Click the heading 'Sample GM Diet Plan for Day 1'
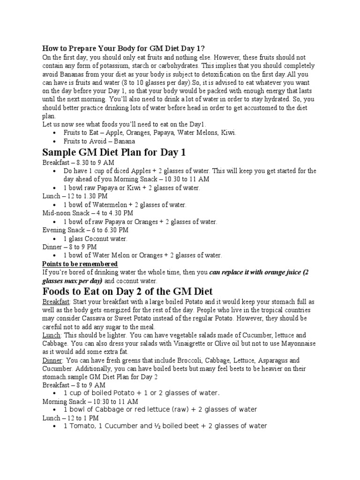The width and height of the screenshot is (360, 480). (x=114, y=152)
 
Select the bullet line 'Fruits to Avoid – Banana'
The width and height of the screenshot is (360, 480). (x=99, y=141)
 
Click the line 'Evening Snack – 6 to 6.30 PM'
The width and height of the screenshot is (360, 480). (x=85, y=230)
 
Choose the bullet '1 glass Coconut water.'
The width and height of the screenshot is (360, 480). (x=95, y=239)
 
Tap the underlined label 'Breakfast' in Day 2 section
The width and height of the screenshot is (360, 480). (x=56, y=301)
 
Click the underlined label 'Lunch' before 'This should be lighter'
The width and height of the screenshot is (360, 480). (x=51, y=336)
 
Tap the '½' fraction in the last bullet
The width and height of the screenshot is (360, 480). (x=162, y=426)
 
